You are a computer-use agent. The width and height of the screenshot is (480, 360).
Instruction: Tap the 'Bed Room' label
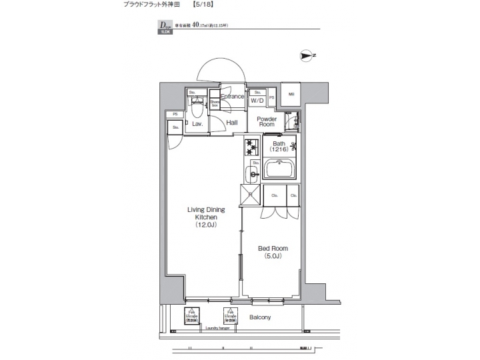pos(272,248)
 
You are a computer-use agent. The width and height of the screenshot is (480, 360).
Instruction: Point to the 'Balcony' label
pos(260,317)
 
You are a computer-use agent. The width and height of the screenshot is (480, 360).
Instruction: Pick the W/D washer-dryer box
pos(257,101)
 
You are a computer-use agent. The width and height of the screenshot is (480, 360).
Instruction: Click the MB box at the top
pos(291,94)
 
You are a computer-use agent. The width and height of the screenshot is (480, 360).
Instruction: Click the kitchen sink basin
pos(253,175)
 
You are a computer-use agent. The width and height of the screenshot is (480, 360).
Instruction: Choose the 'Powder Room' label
pos(267,121)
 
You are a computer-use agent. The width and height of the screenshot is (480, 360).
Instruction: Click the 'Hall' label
pos(232,123)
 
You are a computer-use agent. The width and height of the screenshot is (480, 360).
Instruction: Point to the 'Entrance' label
pos(232,97)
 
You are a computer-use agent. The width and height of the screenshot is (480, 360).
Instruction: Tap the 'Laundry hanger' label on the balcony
pos(218,328)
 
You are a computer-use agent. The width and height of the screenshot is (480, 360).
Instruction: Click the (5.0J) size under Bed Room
pos(272,256)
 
